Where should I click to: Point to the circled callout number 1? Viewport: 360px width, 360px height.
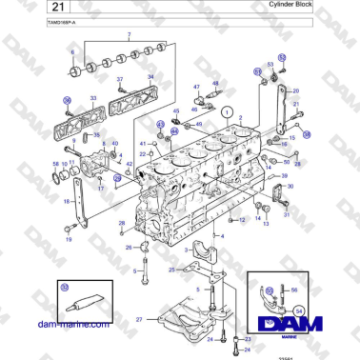[x=227, y=111]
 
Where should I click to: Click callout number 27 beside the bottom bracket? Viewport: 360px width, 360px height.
[x=139, y=319]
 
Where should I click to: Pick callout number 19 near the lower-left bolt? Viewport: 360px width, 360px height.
[x=68, y=239]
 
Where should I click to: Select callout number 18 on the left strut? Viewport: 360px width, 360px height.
[x=66, y=202]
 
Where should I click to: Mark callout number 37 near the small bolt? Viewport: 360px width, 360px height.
[x=120, y=79]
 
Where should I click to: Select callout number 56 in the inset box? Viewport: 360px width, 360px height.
[x=294, y=290]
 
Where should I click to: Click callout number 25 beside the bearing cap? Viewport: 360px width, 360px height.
[x=172, y=270]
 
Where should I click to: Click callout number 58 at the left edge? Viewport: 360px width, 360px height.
[x=54, y=164]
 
